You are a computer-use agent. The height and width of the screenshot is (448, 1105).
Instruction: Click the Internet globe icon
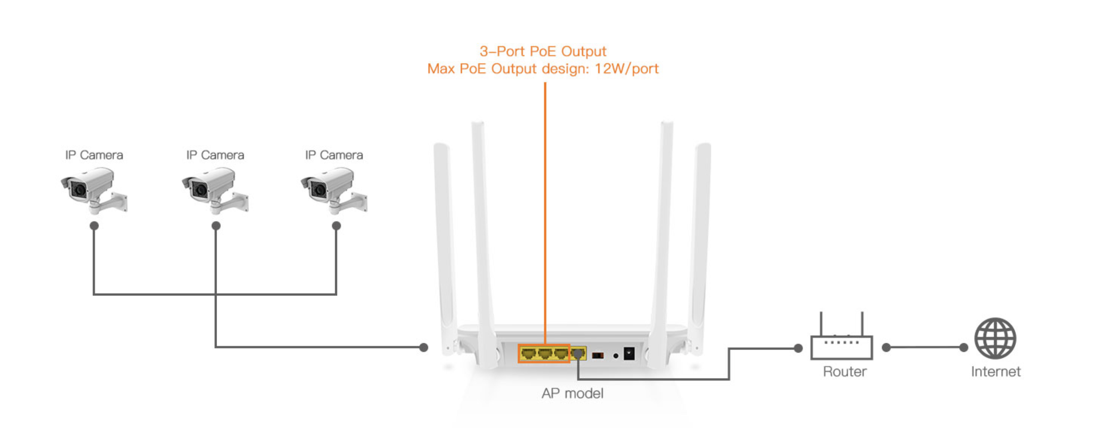pyautogui.click(x=995, y=338)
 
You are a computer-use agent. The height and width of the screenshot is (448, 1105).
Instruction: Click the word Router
pyautogui.click(x=844, y=372)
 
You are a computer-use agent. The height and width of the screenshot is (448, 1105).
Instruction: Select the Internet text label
pyautogui.click(x=996, y=372)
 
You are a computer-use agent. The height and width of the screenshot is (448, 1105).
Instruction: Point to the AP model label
pyautogui.click(x=572, y=393)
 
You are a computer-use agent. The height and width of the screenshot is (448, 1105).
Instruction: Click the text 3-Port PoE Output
pyautogui.click(x=543, y=52)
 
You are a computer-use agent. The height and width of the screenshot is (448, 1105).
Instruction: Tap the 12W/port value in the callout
pyautogui.click(x=626, y=69)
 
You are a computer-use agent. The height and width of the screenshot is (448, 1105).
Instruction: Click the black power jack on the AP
pyautogui.click(x=629, y=354)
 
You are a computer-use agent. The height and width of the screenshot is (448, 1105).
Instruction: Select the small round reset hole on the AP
pyautogui.click(x=616, y=356)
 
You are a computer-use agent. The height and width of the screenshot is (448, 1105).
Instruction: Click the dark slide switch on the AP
pyautogui.click(x=597, y=355)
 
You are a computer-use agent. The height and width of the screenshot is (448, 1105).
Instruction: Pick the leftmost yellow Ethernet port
pyautogui.click(x=528, y=354)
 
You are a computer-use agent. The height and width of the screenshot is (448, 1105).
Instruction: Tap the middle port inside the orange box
pyautogui.click(x=544, y=354)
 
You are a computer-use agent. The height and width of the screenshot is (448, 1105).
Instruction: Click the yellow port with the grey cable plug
pyautogui.click(x=578, y=354)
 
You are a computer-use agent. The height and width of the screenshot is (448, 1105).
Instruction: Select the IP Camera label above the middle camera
pyautogui.click(x=215, y=155)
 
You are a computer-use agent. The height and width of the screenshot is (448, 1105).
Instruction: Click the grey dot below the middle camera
pyautogui.click(x=216, y=226)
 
